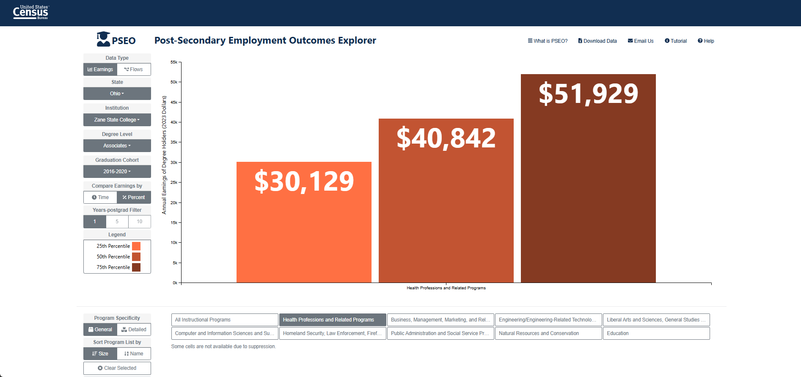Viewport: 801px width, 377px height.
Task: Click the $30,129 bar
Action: tap(304, 222)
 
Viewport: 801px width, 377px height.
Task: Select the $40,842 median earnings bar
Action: tap(446, 200)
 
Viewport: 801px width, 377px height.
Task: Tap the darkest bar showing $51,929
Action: tap(588, 178)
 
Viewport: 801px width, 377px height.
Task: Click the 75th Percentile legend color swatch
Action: tap(136, 267)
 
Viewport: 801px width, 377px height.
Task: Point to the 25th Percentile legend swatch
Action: tap(136, 246)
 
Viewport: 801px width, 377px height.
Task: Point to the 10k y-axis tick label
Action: tap(174, 243)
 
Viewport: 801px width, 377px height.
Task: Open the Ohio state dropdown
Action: tap(117, 94)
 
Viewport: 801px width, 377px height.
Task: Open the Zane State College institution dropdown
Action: tap(117, 120)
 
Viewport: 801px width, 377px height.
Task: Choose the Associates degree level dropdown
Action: tap(117, 146)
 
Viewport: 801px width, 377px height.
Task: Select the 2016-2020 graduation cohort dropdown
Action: tap(117, 172)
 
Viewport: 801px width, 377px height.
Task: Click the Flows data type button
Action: tap(134, 69)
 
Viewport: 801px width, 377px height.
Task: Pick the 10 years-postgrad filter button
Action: tap(140, 222)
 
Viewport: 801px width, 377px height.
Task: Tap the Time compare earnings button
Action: tap(100, 197)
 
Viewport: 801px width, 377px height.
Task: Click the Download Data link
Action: tap(597, 41)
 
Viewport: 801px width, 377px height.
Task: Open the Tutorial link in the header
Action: tap(676, 41)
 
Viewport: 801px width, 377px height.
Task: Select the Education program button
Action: tap(656, 333)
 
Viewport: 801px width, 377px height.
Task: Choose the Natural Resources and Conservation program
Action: tap(548, 333)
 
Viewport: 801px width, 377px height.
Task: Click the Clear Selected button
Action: tap(117, 368)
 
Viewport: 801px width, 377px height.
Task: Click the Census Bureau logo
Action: tap(31, 12)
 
